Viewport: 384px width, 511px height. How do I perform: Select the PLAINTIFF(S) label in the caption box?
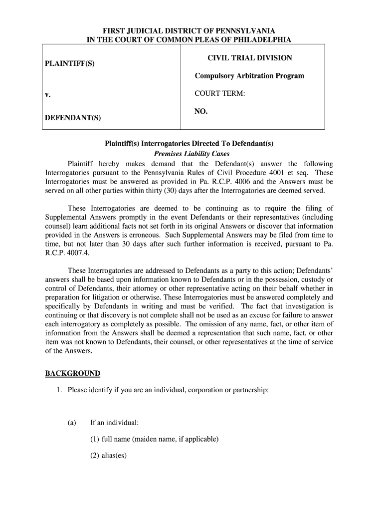pos(70,64)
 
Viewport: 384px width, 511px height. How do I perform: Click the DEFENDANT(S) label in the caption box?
pos(73,118)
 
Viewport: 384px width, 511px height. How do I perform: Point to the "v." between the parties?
pos(47,94)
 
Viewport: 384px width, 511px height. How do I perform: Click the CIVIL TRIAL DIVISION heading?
pos(250,58)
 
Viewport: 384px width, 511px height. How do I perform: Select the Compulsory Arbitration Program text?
pos(249,76)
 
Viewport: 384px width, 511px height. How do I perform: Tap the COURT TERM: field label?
pos(219,94)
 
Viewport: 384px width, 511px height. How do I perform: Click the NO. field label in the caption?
pos(201,112)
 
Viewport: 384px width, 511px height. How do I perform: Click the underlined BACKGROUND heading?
pos(72,373)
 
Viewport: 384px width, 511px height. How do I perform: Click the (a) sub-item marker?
pos(72,423)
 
